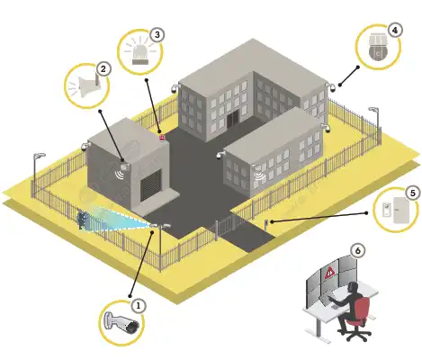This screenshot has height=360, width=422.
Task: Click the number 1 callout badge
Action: [x=138, y=306]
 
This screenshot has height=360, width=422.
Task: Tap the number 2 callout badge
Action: [x=103, y=69]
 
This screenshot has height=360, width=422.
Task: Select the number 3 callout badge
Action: [x=157, y=34]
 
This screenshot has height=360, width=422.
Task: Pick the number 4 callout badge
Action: [x=395, y=30]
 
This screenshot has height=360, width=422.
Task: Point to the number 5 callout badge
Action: [x=413, y=193]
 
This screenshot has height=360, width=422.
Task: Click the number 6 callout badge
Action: [x=357, y=250]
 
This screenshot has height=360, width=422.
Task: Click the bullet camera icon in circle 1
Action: [x=121, y=323]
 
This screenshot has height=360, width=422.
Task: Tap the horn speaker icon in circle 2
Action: [x=89, y=85]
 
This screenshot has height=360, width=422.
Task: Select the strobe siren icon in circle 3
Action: [x=140, y=56]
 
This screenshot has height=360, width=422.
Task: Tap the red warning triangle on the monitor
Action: [x=330, y=272]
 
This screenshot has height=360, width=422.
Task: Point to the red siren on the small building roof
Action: [x=162, y=138]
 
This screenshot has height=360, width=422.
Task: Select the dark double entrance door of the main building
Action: [x=232, y=119]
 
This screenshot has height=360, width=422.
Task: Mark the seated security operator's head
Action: [x=355, y=286]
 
